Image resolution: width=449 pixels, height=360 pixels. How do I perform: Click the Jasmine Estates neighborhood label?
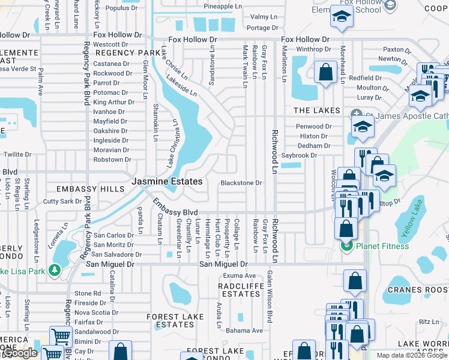(x=167, y=181)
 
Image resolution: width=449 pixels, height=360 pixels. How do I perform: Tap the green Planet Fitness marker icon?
(x=346, y=245)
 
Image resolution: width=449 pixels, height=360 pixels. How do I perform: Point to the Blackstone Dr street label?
(x=241, y=183)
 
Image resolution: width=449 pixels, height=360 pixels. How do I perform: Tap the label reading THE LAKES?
(x=316, y=111)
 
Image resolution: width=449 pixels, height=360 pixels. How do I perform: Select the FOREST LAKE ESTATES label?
(x=175, y=320)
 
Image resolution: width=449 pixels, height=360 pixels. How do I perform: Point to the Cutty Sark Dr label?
(x=62, y=202)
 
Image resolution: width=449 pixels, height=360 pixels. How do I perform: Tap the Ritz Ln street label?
(x=429, y=322)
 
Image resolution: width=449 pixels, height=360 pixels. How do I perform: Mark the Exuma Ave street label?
(x=235, y=275)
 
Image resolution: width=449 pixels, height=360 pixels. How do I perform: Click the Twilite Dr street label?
(x=17, y=155)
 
